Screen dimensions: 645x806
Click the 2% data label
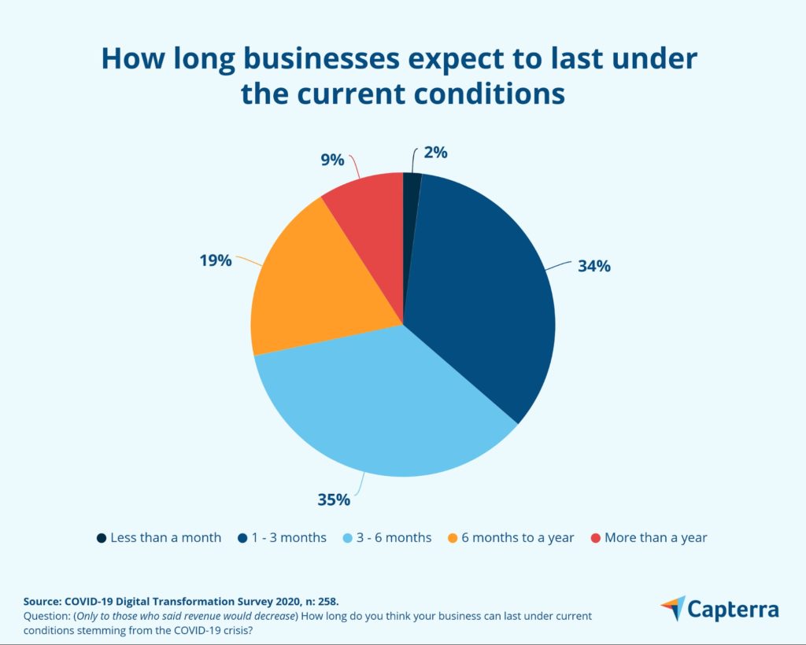point(434,153)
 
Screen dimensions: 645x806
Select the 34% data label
point(593,266)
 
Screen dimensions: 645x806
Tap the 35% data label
point(333,499)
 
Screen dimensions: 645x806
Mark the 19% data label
point(215,260)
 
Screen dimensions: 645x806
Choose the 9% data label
point(332,160)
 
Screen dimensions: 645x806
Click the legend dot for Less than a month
point(102,538)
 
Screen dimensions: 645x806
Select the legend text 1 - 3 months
point(290,538)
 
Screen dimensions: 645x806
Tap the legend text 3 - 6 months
point(395,538)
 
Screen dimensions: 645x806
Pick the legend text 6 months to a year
point(517,538)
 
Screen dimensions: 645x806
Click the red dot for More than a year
point(595,538)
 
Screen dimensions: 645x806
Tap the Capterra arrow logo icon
point(674,608)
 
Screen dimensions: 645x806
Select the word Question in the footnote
point(48,615)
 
